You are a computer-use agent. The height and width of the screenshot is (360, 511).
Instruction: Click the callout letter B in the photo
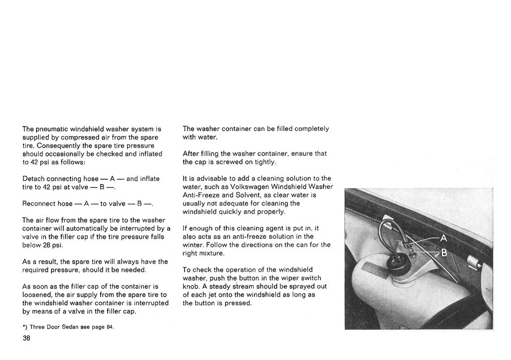pyautogui.click(x=444, y=253)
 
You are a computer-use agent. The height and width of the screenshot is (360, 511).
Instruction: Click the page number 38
pyautogui.click(x=27, y=338)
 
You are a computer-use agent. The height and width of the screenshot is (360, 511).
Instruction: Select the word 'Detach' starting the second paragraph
pyautogui.click(x=34, y=178)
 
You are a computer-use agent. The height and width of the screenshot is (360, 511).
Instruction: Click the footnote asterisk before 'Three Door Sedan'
pyautogui.click(x=24, y=327)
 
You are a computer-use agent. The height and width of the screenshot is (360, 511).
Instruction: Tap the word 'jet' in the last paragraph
pyautogui.click(x=219, y=295)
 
